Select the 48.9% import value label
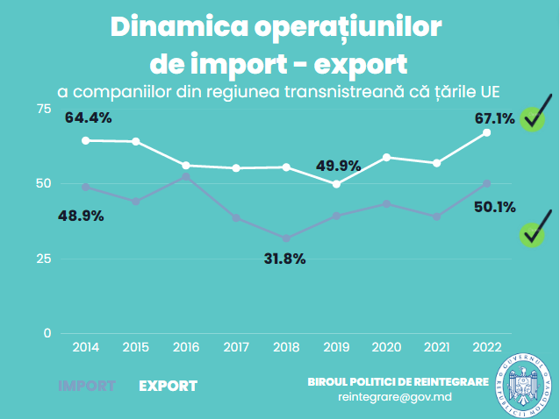80,216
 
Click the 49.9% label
337,165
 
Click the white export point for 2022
487,132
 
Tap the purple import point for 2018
286,238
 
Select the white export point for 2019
336,184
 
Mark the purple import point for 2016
186,176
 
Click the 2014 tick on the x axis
85,347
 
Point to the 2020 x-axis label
386,347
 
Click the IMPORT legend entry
87,386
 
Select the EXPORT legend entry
169,386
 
